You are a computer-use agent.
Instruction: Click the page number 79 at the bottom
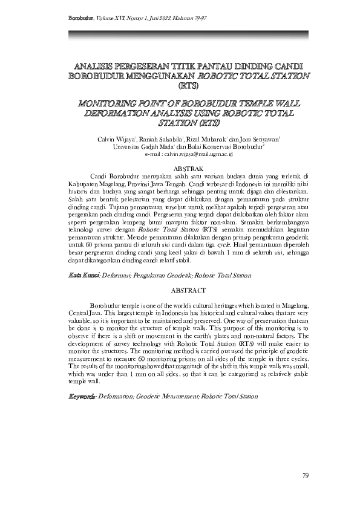(x=305, y=476)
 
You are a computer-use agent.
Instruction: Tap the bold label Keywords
(x=82, y=397)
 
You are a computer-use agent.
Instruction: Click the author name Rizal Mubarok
(x=207, y=139)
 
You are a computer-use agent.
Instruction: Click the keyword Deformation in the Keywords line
(x=117, y=397)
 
